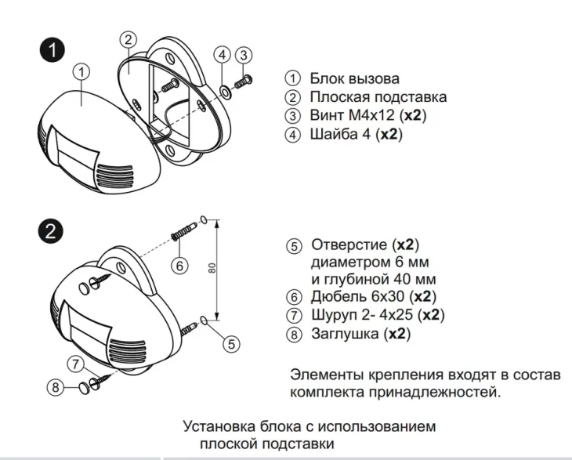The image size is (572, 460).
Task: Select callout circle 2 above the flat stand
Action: click(130, 38)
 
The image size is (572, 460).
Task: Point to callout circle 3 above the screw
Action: click(244, 55)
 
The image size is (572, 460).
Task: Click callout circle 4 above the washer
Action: click(223, 55)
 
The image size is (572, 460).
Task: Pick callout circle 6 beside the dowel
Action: click(179, 266)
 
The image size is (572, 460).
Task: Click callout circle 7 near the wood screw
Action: click(75, 364)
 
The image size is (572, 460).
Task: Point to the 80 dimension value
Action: click(212, 268)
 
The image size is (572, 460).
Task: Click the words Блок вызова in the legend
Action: click(354, 78)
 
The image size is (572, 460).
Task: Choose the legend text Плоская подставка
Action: click(378, 97)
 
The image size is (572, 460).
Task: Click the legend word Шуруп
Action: click(334, 316)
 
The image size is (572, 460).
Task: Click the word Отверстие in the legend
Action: click(349, 244)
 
